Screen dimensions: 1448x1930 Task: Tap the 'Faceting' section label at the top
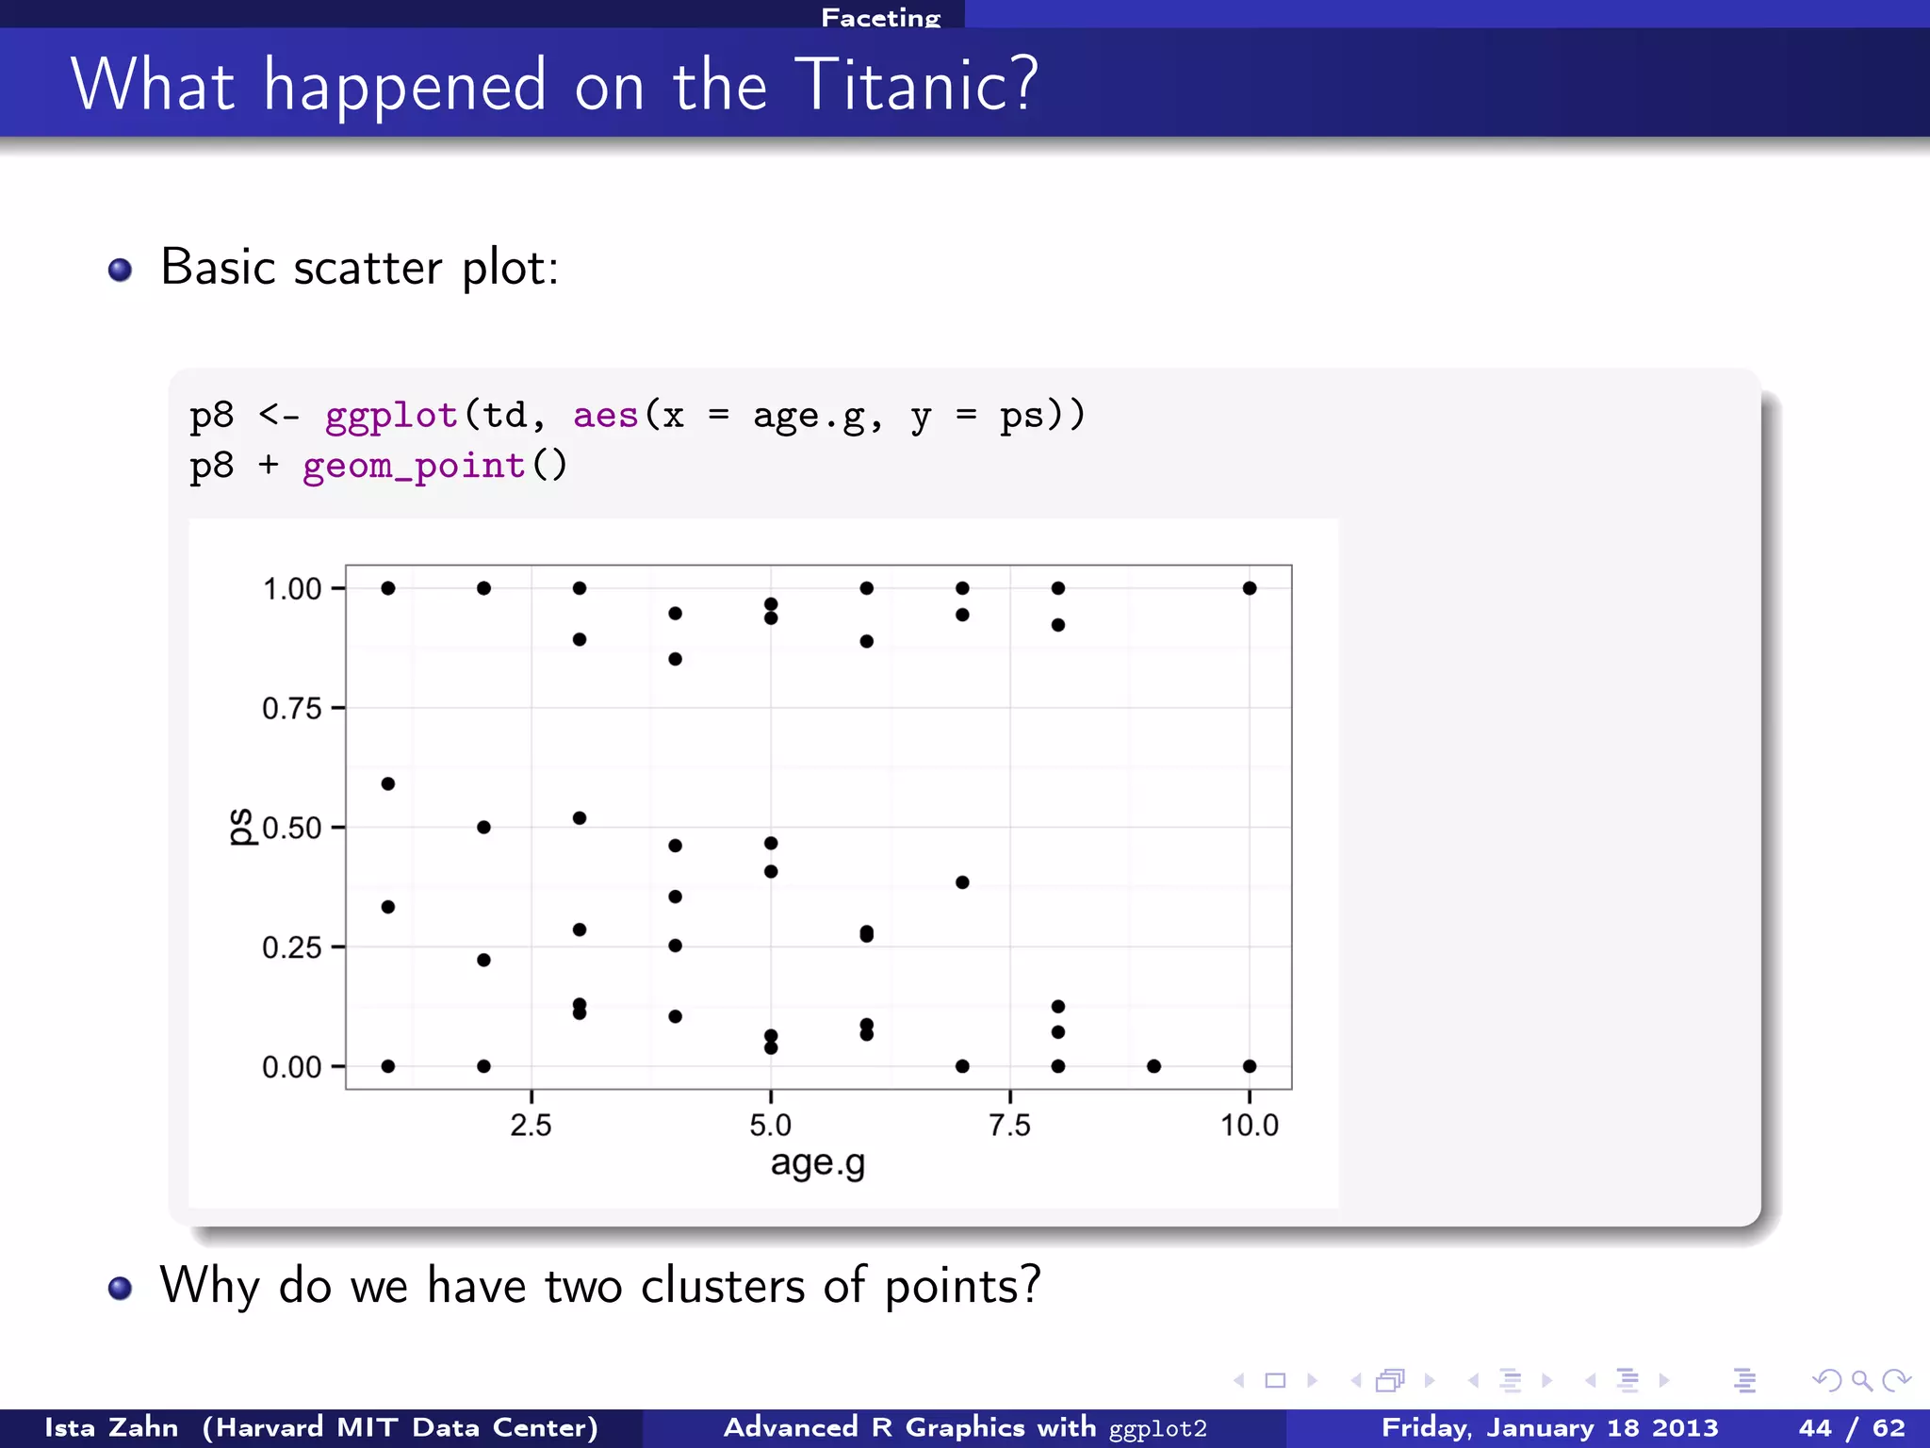coord(880,17)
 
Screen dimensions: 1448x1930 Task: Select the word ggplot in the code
coord(391,415)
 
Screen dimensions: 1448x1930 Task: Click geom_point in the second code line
coord(414,466)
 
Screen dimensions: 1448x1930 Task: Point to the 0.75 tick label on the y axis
coord(291,708)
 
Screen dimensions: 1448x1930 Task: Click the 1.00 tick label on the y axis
coord(291,589)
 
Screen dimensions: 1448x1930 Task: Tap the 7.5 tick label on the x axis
coord(1009,1125)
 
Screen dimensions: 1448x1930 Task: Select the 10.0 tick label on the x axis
coord(1249,1125)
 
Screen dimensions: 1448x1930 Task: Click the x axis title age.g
coord(817,1163)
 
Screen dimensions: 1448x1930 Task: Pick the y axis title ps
coord(242,827)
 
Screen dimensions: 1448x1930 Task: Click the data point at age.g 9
coord(1153,1066)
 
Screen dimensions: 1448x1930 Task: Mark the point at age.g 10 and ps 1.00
coord(1250,588)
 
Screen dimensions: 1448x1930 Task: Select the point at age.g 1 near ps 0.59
coord(388,783)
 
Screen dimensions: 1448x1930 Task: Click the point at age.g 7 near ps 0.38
coord(962,882)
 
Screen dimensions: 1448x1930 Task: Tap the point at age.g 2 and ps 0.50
coord(483,827)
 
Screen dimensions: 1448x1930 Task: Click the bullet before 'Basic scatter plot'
coord(120,271)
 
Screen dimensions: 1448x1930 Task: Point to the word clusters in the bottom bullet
coord(723,1285)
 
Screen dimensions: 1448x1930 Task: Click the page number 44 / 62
coord(1852,1427)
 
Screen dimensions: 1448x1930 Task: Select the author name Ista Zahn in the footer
coord(111,1427)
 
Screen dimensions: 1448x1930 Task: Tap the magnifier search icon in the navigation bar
coord(1861,1381)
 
